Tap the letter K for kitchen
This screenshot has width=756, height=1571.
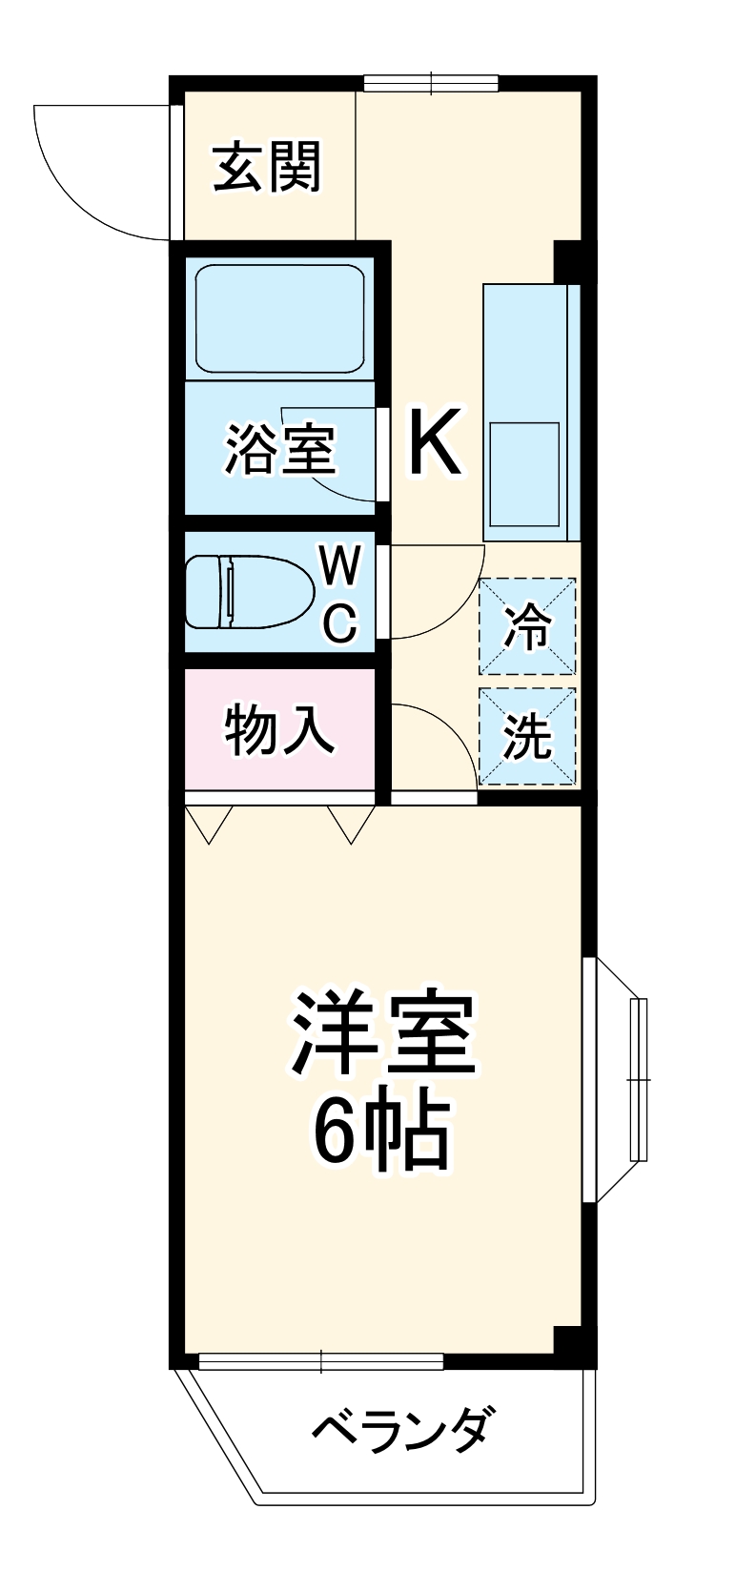point(436,441)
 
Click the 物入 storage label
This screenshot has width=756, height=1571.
point(279,731)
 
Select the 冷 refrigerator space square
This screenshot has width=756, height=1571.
point(527,626)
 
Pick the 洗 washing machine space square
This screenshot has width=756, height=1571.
point(527,736)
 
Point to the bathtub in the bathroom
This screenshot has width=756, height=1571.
point(280,319)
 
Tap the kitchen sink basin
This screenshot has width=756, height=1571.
point(523,474)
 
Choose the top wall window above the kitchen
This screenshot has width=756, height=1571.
point(431,84)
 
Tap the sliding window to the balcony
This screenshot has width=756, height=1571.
point(321,1361)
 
